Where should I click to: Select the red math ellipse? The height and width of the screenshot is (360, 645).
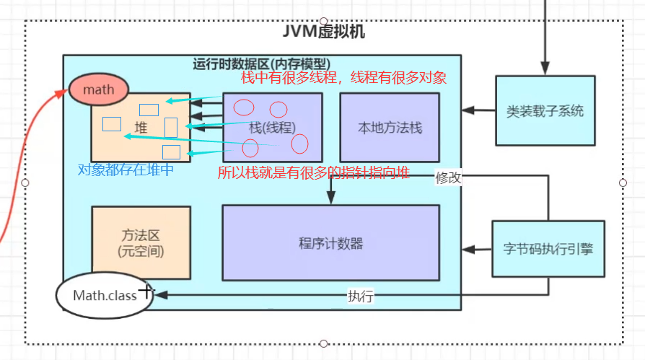(99, 90)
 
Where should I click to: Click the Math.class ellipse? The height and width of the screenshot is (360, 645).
(104, 295)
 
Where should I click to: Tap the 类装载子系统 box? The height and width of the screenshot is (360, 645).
(545, 111)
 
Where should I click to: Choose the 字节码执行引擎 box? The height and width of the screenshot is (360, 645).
(545, 249)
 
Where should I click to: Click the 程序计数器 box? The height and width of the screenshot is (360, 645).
(330, 242)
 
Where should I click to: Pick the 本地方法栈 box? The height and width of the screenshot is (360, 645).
(390, 128)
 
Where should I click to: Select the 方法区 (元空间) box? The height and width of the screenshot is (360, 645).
(141, 242)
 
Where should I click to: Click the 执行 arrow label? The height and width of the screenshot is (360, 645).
(360, 296)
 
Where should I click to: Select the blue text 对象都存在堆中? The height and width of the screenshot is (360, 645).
(126, 171)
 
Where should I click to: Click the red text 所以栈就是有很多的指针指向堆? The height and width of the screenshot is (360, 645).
(314, 173)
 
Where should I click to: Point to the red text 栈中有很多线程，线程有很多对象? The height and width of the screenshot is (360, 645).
(343, 78)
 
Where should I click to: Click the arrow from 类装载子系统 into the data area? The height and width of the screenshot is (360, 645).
(478, 111)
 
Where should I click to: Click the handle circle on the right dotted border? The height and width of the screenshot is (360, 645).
(623, 183)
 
